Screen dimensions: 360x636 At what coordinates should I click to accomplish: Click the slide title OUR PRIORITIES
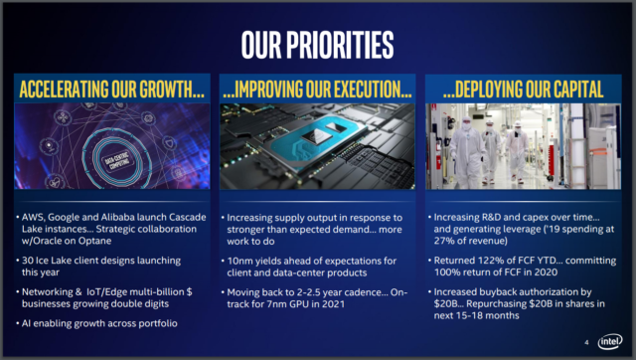pyautogui.click(x=318, y=44)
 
